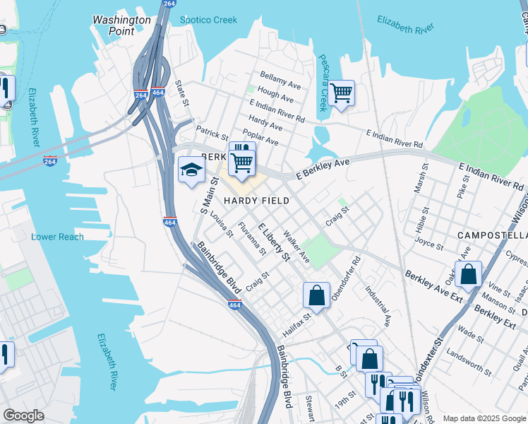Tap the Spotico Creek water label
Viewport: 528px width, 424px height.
[x=208, y=20]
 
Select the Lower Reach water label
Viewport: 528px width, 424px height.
[x=57, y=237]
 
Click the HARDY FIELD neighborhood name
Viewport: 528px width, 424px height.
[x=256, y=201]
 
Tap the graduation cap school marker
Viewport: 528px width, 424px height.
[x=191, y=170]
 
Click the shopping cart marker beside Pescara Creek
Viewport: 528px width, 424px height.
[x=341, y=93]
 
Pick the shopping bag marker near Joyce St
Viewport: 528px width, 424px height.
[x=468, y=273]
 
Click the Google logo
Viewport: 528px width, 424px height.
[x=23, y=416]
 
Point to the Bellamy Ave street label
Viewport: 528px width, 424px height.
[x=280, y=80]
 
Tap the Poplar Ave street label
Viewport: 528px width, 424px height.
[x=260, y=137]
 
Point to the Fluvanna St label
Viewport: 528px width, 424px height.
[x=251, y=238]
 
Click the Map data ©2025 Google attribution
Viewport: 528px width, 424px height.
[x=483, y=418]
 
